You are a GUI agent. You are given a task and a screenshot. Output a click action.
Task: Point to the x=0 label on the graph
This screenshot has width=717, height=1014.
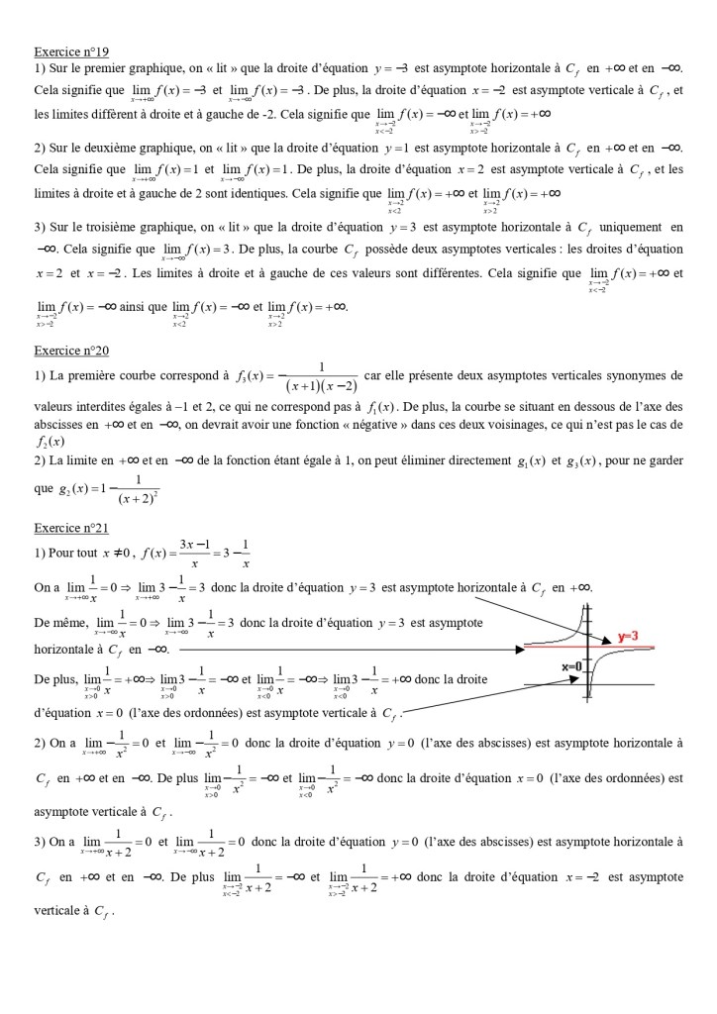click(x=572, y=666)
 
